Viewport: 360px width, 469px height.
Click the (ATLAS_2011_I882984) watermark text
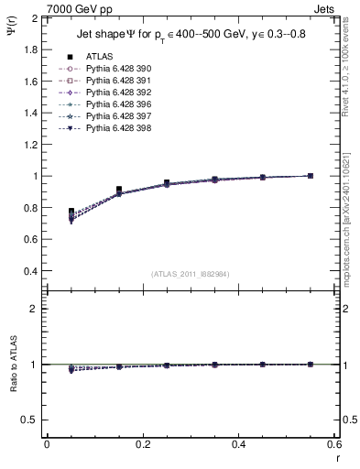(x=190, y=273)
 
